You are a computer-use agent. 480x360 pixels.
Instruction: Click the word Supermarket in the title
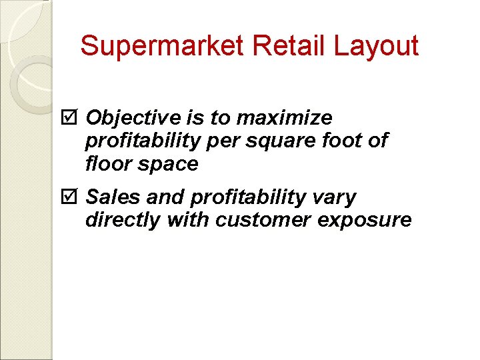point(163,46)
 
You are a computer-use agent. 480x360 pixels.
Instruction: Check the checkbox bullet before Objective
point(73,118)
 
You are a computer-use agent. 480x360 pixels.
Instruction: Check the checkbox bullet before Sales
point(73,197)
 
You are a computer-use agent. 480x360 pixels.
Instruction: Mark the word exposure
point(363,220)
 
